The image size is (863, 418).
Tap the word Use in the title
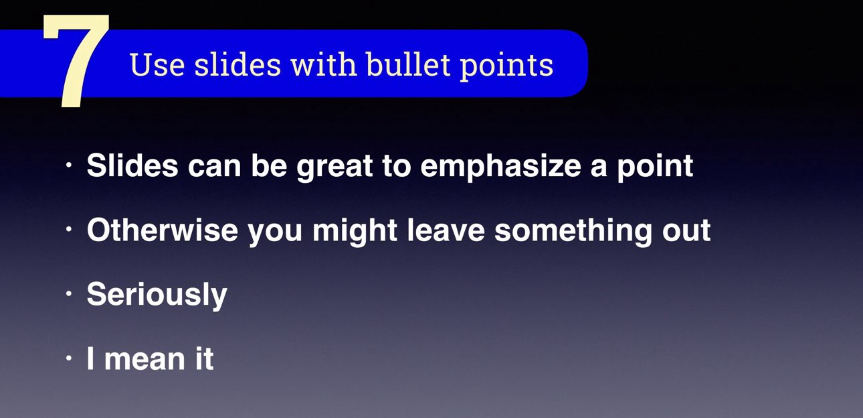tap(157, 64)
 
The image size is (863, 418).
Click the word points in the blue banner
tap(506, 66)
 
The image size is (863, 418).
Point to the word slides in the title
tap(237, 64)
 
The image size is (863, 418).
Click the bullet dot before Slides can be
tap(69, 165)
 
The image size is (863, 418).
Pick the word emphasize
tap(500, 167)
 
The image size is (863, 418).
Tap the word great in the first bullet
tap(334, 167)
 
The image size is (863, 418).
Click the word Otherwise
tap(162, 230)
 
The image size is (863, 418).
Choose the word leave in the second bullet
tap(446, 230)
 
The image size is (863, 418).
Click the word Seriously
tap(157, 295)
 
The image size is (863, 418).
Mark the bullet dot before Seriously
tap(69, 293)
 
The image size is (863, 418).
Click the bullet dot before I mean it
tap(69, 358)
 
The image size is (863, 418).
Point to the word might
tap(355, 231)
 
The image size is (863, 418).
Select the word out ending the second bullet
tap(686, 231)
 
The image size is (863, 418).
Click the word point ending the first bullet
tap(656, 167)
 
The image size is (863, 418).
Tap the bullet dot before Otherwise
tap(69, 229)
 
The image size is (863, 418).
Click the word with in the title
tap(323, 64)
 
